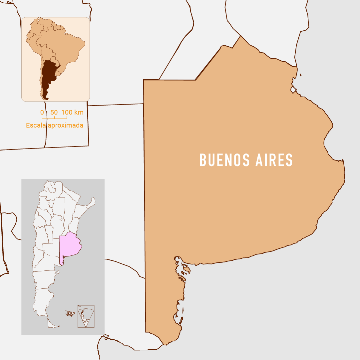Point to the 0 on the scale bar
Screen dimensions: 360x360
pos(42,112)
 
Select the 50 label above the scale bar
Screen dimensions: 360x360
pos(54,112)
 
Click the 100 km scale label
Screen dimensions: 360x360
pos(72,112)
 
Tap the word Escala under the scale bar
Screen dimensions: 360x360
pos(36,126)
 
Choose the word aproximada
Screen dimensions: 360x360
pos(65,126)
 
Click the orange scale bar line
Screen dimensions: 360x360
pos(54,118)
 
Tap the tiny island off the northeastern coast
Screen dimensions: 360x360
pos(301,75)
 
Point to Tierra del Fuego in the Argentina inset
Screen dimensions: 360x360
pos(52,323)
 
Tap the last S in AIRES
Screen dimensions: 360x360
pos(289,160)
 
